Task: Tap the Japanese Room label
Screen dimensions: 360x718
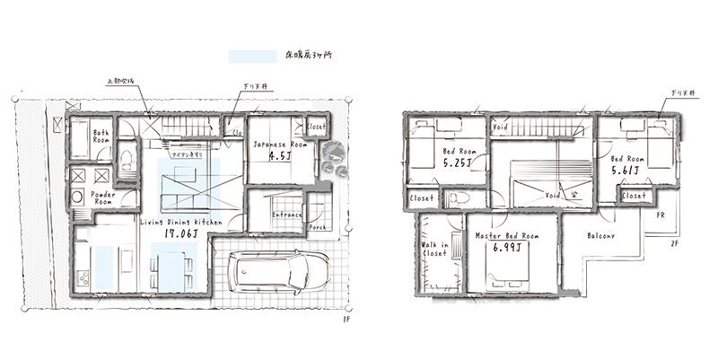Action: click(280, 144)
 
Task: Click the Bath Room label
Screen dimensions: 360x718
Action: click(101, 135)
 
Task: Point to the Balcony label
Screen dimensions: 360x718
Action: click(601, 236)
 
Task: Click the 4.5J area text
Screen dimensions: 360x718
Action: click(280, 154)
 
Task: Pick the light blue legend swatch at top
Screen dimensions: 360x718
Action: click(253, 57)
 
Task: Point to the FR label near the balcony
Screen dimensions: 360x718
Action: click(659, 215)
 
